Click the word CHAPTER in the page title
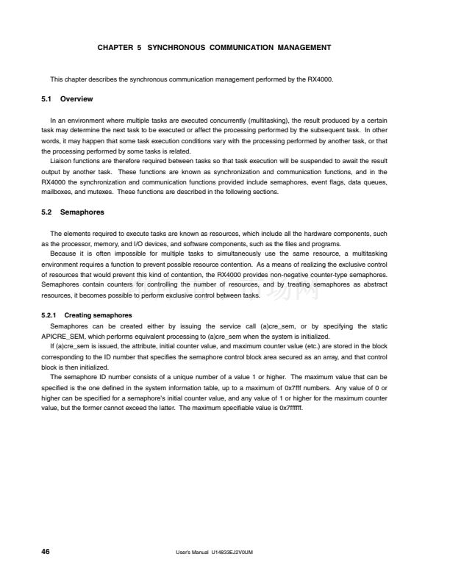[x=113, y=48]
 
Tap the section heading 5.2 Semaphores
[x=73, y=213]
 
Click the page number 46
[x=46, y=551]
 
